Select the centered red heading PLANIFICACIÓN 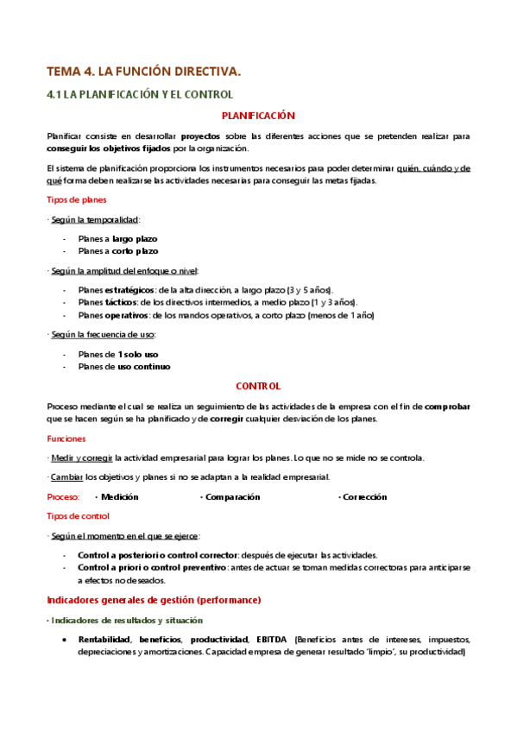(x=259, y=115)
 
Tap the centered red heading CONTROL (x=259, y=387)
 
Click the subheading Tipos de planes (x=76, y=199)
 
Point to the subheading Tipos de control (x=78, y=516)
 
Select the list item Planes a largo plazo (x=117, y=238)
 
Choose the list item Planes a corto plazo (x=117, y=250)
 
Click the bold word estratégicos (x=129, y=289)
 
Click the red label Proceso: (x=63, y=497)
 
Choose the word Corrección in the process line (x=364, y=497)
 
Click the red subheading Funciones (x=66, y=439)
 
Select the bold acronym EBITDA (x=273, y=640)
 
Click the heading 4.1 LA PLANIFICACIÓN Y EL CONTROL (x=140, y=94)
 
